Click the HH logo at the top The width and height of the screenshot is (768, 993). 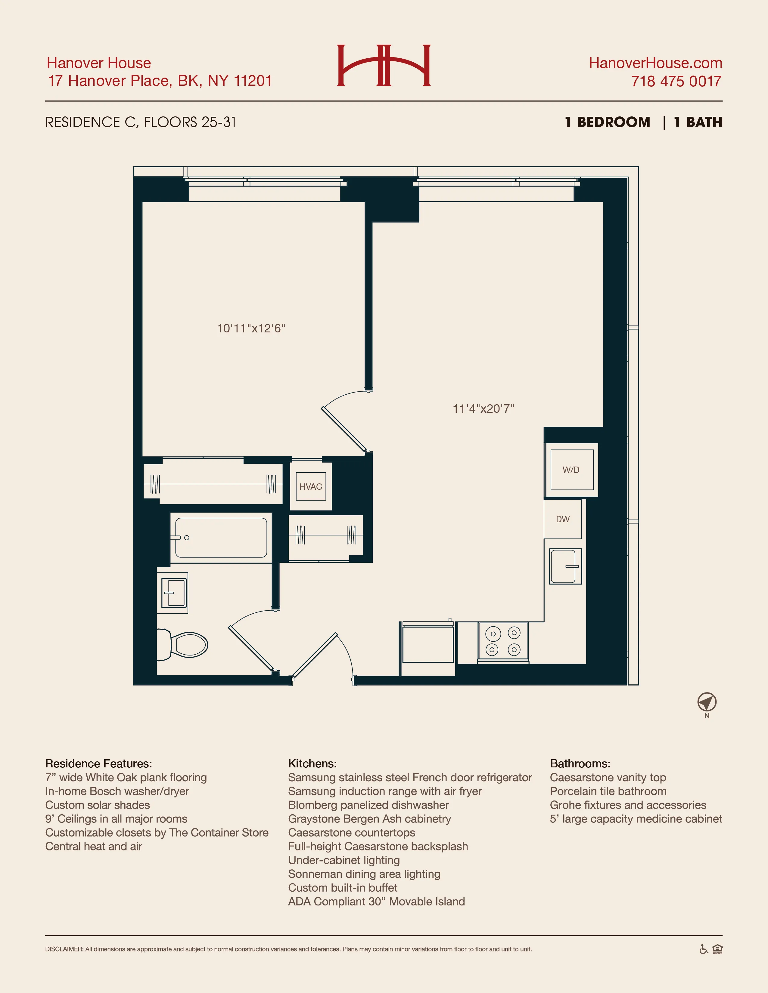[384, 66]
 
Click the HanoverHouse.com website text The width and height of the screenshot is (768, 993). [655, 63]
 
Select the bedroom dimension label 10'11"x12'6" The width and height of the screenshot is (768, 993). [251, 328]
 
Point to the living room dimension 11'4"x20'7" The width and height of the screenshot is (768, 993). [483, 408]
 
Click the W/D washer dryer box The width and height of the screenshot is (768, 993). [571, 470]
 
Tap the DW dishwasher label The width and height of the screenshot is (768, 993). [562, 519]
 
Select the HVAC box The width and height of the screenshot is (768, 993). [311, 486]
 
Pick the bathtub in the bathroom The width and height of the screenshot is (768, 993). [221, 538]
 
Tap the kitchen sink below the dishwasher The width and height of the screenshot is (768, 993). [565, 566]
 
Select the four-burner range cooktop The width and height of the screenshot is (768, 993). [503, 641]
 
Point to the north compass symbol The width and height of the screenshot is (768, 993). [707, 702]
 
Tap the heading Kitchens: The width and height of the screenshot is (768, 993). [312, 763]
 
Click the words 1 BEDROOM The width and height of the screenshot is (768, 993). [608, 122]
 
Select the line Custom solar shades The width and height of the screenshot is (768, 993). [97, 805]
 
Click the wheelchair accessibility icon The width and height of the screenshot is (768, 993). [703, 949]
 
